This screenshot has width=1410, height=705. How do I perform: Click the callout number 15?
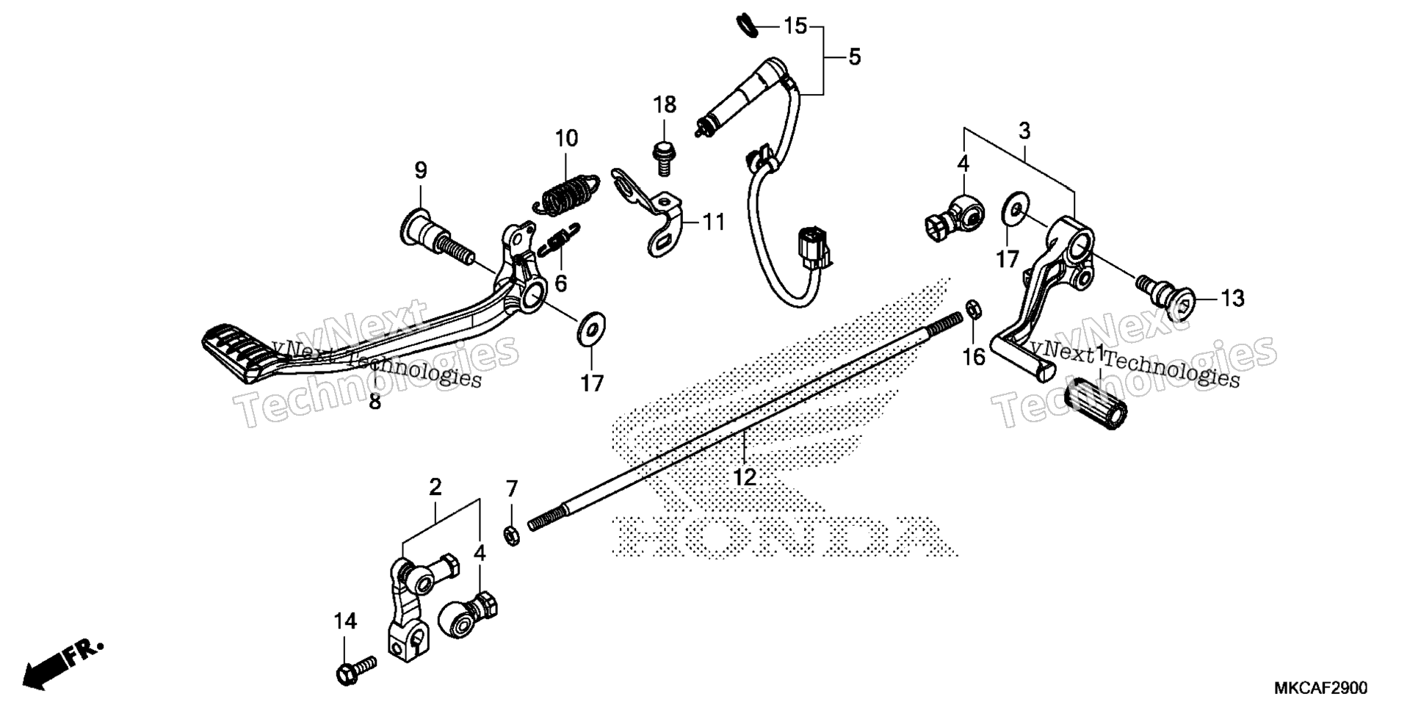(795, 26)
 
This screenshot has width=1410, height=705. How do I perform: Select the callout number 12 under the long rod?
(744, 477)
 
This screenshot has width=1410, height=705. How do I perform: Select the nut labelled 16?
(972, 309)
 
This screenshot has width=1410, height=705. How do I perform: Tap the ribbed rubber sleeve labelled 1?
(1096, 405)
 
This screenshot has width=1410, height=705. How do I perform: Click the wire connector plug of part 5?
(814, 249)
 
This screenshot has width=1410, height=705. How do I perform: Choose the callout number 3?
(1024, 131)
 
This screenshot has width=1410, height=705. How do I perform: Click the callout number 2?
(435, 486)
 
